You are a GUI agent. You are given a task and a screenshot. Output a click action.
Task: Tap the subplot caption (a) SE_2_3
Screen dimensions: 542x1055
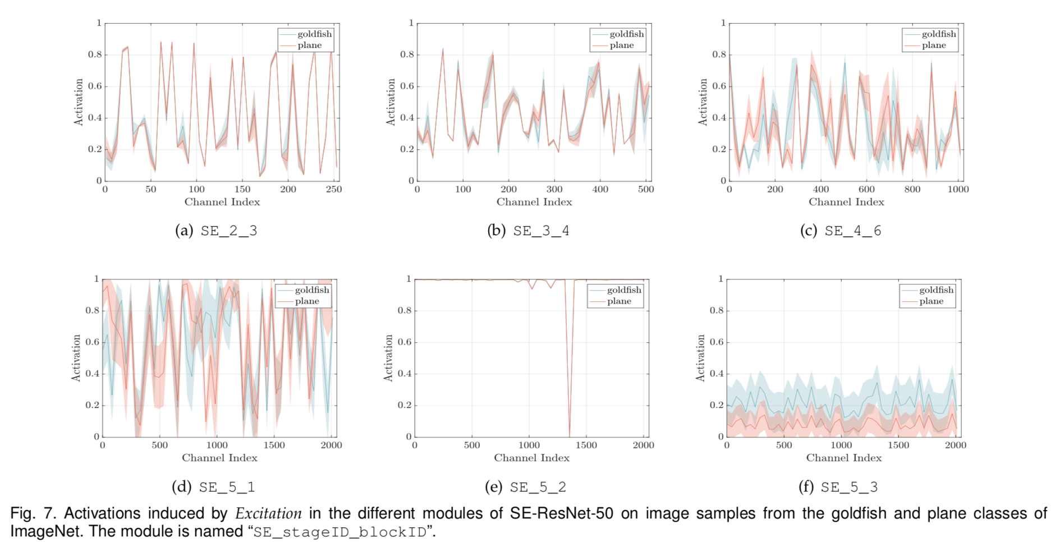click(x=216, y=231)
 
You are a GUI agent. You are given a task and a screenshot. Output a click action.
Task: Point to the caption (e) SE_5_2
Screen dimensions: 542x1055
click(x=525, y=487)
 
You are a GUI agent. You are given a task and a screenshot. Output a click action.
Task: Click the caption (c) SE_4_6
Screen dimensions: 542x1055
click(x=841, y=231)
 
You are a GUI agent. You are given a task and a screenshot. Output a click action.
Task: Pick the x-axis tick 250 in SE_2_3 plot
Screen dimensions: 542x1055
click(x=334, y=190)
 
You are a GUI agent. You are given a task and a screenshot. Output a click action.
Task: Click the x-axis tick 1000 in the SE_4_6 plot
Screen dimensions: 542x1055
click(x=958, y=190)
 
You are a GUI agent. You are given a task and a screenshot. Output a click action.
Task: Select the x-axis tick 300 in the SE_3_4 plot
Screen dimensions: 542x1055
click(x=554, y=190)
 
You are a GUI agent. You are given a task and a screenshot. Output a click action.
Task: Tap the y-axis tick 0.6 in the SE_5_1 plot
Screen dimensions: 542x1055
click(x=93, y=342)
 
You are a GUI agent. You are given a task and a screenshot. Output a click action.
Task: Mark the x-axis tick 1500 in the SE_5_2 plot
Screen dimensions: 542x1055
click(x=586, y=445)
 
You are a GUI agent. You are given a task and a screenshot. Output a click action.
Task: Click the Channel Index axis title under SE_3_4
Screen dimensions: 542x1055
click(x=534, y=202)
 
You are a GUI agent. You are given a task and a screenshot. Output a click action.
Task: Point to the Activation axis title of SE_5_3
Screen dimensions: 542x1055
click(x=700, y=358)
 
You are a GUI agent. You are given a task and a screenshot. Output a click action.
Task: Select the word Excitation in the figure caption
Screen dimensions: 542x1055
click(x=268, y=513)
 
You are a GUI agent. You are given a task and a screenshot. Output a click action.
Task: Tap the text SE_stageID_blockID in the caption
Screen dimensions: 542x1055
click(x=340, y=532)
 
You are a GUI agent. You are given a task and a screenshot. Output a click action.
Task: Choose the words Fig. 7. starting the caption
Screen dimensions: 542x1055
click(x=33, y=513)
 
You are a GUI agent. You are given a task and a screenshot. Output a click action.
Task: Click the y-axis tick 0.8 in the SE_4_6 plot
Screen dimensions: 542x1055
click(x=719, y=55)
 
